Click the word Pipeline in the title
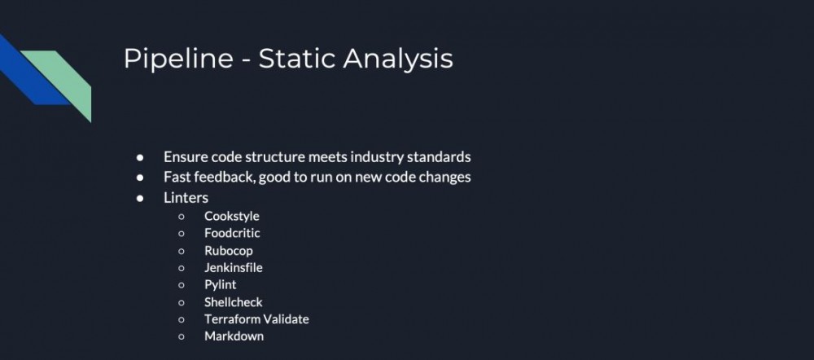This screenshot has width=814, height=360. pyautogui.click(x=178, y=59)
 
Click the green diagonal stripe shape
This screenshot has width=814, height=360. pyautogui.click(x=59, y=83)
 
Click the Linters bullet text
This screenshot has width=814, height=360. pyautogui.click(x=186, y=198)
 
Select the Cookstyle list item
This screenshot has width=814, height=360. pyautogui.click(x=231, y=216)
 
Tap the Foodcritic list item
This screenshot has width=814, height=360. pyautogui.click(x=232, y=233)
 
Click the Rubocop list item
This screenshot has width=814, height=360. pyautogui.click(x=229, y=251)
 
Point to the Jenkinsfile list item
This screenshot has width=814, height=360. pyautogui.click(x=234, y=267)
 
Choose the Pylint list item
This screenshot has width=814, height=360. pyautogui.click(x=220, y=285)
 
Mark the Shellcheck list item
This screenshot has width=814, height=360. pyautogui.click(x=234, y=302)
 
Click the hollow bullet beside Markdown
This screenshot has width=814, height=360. pyautogui.click(x=182, y=336)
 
